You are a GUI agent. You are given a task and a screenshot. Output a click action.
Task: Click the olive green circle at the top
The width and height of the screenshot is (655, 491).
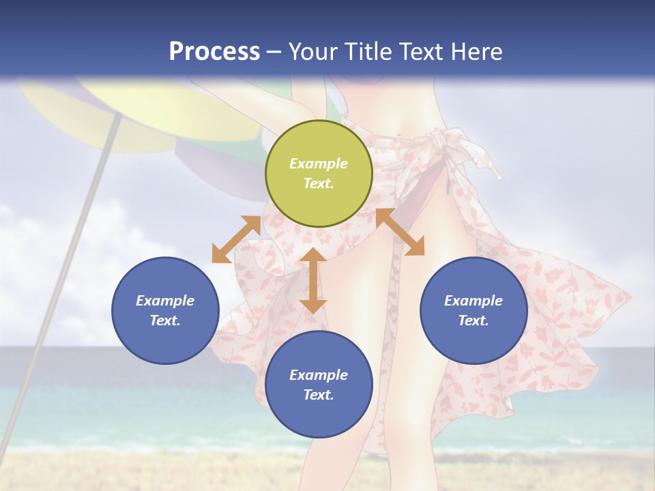[319, 174]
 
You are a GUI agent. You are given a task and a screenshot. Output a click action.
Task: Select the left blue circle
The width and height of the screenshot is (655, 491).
[165, 310]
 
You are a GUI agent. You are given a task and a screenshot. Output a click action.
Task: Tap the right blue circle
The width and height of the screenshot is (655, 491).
[474, 310]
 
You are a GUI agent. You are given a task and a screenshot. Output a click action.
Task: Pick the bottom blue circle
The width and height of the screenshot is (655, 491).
[319, 385]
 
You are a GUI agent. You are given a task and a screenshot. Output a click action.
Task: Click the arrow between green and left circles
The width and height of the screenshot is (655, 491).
[236, 239]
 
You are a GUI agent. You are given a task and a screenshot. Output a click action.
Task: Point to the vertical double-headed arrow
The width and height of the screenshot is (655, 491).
[313, 280]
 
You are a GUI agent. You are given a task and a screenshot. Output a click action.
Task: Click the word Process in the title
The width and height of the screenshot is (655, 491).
[214, 52]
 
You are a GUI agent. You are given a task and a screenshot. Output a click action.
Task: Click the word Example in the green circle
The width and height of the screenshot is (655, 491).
[319, 164]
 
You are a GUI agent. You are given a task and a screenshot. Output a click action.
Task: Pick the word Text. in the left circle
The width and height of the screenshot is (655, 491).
[165, 321]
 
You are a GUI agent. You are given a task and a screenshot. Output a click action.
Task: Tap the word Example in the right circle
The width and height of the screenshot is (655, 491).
[474, 301]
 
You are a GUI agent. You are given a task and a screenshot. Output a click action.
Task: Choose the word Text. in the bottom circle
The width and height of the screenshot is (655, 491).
[319, 395]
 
